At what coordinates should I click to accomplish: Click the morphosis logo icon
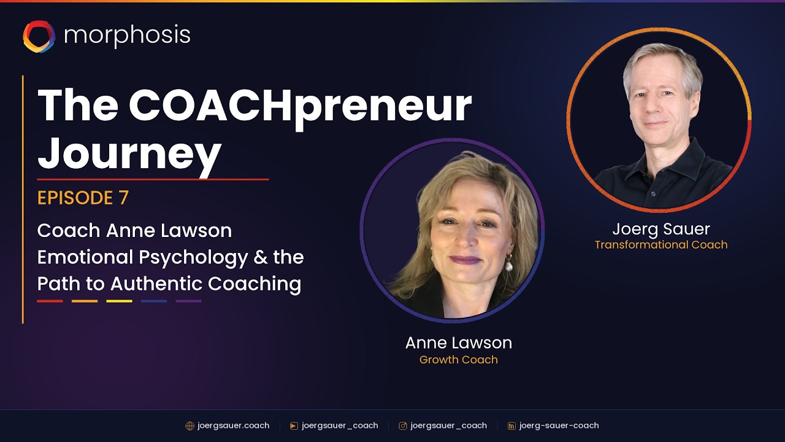39,36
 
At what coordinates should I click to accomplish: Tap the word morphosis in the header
127,36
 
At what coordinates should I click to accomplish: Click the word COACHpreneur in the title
300,106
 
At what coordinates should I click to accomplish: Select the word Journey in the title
129,152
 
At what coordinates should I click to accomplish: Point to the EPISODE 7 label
83,198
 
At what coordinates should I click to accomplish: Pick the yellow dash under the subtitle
119,301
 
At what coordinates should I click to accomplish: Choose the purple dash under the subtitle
188,301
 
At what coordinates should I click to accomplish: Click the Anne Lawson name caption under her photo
458,343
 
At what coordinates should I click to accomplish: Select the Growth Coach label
458,360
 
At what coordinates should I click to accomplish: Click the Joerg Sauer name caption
661,229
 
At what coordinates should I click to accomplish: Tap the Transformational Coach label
661,245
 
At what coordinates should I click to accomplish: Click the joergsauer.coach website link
233,425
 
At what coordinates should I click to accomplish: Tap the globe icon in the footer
190,426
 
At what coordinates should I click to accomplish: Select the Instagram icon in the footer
403,426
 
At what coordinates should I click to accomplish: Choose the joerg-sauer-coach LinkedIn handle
559,425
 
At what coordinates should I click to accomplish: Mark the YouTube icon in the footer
294,426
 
